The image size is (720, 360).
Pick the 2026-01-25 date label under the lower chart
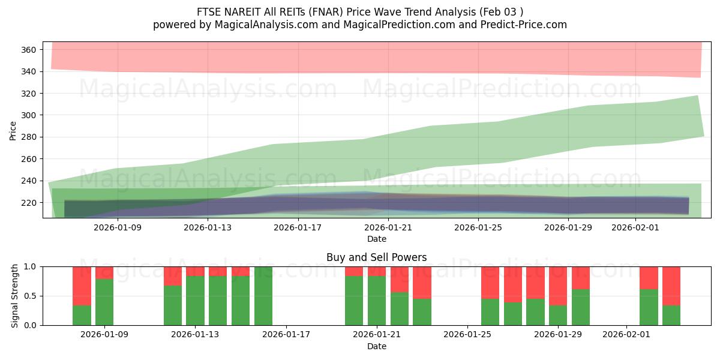(x=467, y=335)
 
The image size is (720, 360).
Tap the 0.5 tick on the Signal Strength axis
(x=31, y=296)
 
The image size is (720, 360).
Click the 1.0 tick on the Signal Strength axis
(x=31, y=266)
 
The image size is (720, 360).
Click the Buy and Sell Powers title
(x=376, y=257)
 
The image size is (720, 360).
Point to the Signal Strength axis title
(x=15, y=296)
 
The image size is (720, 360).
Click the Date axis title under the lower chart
(x=376, y=346)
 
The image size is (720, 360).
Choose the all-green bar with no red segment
(x=263, y=296)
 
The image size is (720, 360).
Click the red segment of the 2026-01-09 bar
(x=104, y=272)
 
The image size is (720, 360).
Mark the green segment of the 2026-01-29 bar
(x=558, y=316)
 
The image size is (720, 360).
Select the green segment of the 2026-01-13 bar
(x=195, y=301)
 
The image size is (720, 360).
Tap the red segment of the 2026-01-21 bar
(x=377, y=271)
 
